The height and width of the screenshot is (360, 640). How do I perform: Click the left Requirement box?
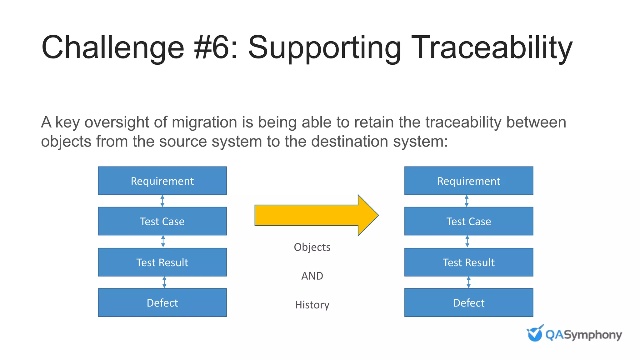pyautogui.click(x=162, y=181)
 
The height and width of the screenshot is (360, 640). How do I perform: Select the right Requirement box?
pyautogui.click(x=468, y=181)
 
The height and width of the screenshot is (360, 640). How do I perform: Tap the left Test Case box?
pyautogui.click(x=162, y=221)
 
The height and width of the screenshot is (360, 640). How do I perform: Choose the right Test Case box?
pyautogui.click(x=468, y=221)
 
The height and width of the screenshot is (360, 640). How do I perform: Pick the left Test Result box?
pyautogui.click(x=162, y=262)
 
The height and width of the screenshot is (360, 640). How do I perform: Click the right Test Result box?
pyautogui.click(x=468, y=262)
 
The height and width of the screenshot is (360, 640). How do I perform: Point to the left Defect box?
pyautogui.click(x=162, y=302)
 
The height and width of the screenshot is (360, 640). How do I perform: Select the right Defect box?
pyautogui.click(x=468, y=302)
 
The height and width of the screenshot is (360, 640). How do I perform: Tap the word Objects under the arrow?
pyautogui.click(x=312, y=247)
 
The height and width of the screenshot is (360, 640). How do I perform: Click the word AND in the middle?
pyautogui.click(x=312, y=276)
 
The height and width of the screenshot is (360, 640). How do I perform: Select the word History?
pyautogui.click(x=312, y=305)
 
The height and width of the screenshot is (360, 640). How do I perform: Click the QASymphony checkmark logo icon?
pyautogui.click(x=535, y=333)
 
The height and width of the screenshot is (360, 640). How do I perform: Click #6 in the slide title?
pyautogui.click(x=215, y=47)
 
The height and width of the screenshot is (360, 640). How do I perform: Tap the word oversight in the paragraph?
pyautogui.click(x=126, y=122)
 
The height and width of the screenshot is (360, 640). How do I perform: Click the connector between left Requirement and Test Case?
pyautogui.click(x=162, y=201)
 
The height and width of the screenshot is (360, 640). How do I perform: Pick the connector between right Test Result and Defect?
pyautogui.click(x=468, y=282)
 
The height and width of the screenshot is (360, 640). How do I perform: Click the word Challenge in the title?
pyautogui.click(x=113, y=47)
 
